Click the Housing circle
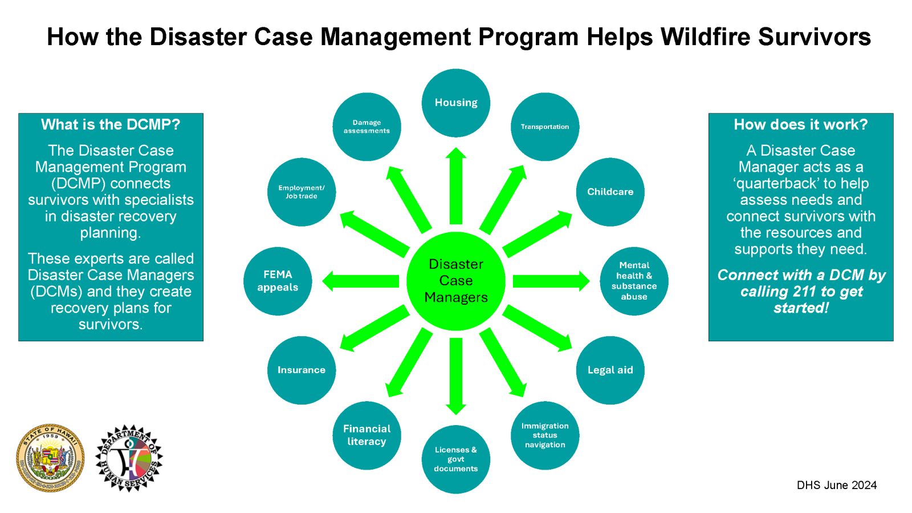[x=455, y=103]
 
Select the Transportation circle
[x=545, y=127]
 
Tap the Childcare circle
[x=610, y=192]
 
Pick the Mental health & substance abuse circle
[x=634, y=281]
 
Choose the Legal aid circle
[x=610, y=370]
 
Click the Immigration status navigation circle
[x=545, y=435]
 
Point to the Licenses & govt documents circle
[x=455, y=459]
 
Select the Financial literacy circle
[x=367, y=435]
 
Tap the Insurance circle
[x=301, y=370]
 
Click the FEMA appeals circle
[x=278, y=281]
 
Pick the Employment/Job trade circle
[x=301, y=192]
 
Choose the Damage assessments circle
[x=367, y=127]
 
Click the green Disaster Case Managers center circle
[x=455, y=281]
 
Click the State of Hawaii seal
[x=50, y=458]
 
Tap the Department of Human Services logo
[x=129, y=458]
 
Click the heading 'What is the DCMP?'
[x=111, y=124]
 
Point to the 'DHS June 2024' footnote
[x=836, y=485]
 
